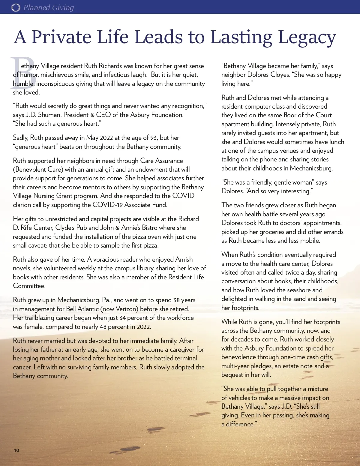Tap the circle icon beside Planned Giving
16,8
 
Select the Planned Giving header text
49,8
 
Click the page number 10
16,450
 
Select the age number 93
154,138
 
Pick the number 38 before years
176,300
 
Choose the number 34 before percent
122,318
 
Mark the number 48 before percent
103,327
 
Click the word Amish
184,260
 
